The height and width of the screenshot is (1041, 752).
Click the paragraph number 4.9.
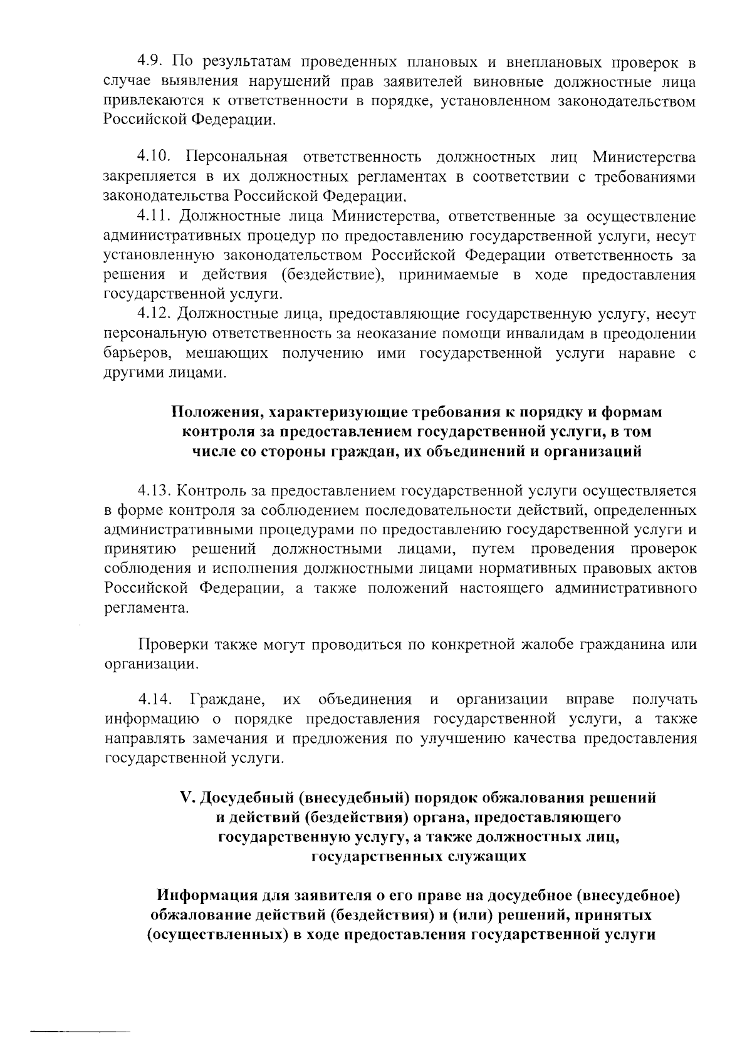point(151,62)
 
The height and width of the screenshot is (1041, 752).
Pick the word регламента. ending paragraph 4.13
point(145,608)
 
